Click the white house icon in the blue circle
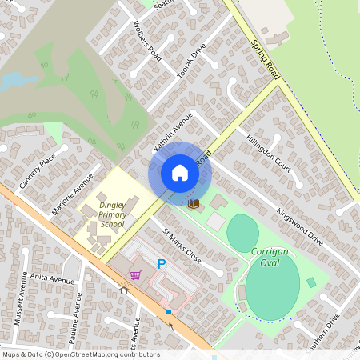coord(180,173)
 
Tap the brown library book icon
coord(193,205)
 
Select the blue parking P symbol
coord(162,263)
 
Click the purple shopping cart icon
coord(135,275)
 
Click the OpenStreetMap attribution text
coord(80,354)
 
